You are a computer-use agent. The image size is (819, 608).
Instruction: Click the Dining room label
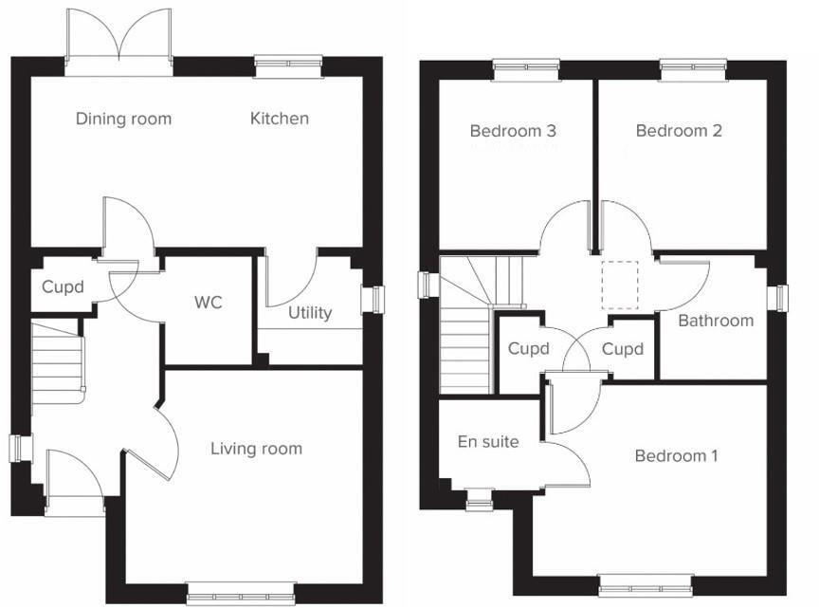click(123, 119)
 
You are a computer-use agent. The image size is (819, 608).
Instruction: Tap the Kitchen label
click(280, 119)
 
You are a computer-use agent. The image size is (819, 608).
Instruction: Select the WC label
click(209, 303)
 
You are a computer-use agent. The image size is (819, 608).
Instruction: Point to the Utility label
click(310, 312)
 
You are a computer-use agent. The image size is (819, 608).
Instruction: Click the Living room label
click(256, 449)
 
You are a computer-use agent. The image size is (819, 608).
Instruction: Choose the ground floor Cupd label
click(63, 286)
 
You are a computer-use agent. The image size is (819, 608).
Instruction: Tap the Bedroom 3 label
click(513, 131)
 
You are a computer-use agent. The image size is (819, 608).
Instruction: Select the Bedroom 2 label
click(679, 131)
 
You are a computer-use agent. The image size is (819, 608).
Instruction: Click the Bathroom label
click(716, 321)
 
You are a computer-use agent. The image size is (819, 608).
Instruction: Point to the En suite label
click(488, 441)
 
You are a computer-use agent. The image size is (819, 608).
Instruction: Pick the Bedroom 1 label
click(676, 456)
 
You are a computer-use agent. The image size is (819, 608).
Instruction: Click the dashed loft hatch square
click(621, 285)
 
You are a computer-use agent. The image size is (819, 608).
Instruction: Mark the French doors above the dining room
click(119, 43)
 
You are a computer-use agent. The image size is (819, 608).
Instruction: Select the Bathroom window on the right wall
click(782, 298)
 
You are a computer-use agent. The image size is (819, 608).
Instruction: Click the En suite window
click(480, 497)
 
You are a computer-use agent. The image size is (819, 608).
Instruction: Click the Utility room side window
click(377, 299)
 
